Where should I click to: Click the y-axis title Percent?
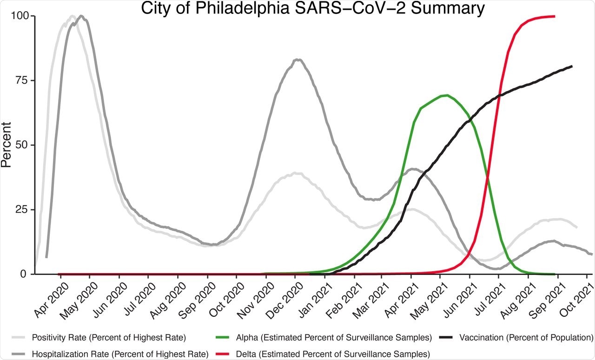click(7, 144)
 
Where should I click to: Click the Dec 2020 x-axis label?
click(281, 297)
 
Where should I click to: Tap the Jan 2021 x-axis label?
click(311, 297)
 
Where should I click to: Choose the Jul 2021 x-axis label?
click(485, 297)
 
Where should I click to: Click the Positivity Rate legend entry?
click(107, 337)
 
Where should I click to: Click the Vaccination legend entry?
click(525, 337)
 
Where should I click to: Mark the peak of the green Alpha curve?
click(446, 95)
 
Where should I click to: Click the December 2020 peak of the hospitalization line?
click(298, 59)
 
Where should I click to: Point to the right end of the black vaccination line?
click(572, 66)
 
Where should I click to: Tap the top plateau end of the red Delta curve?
click(555, 16)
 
